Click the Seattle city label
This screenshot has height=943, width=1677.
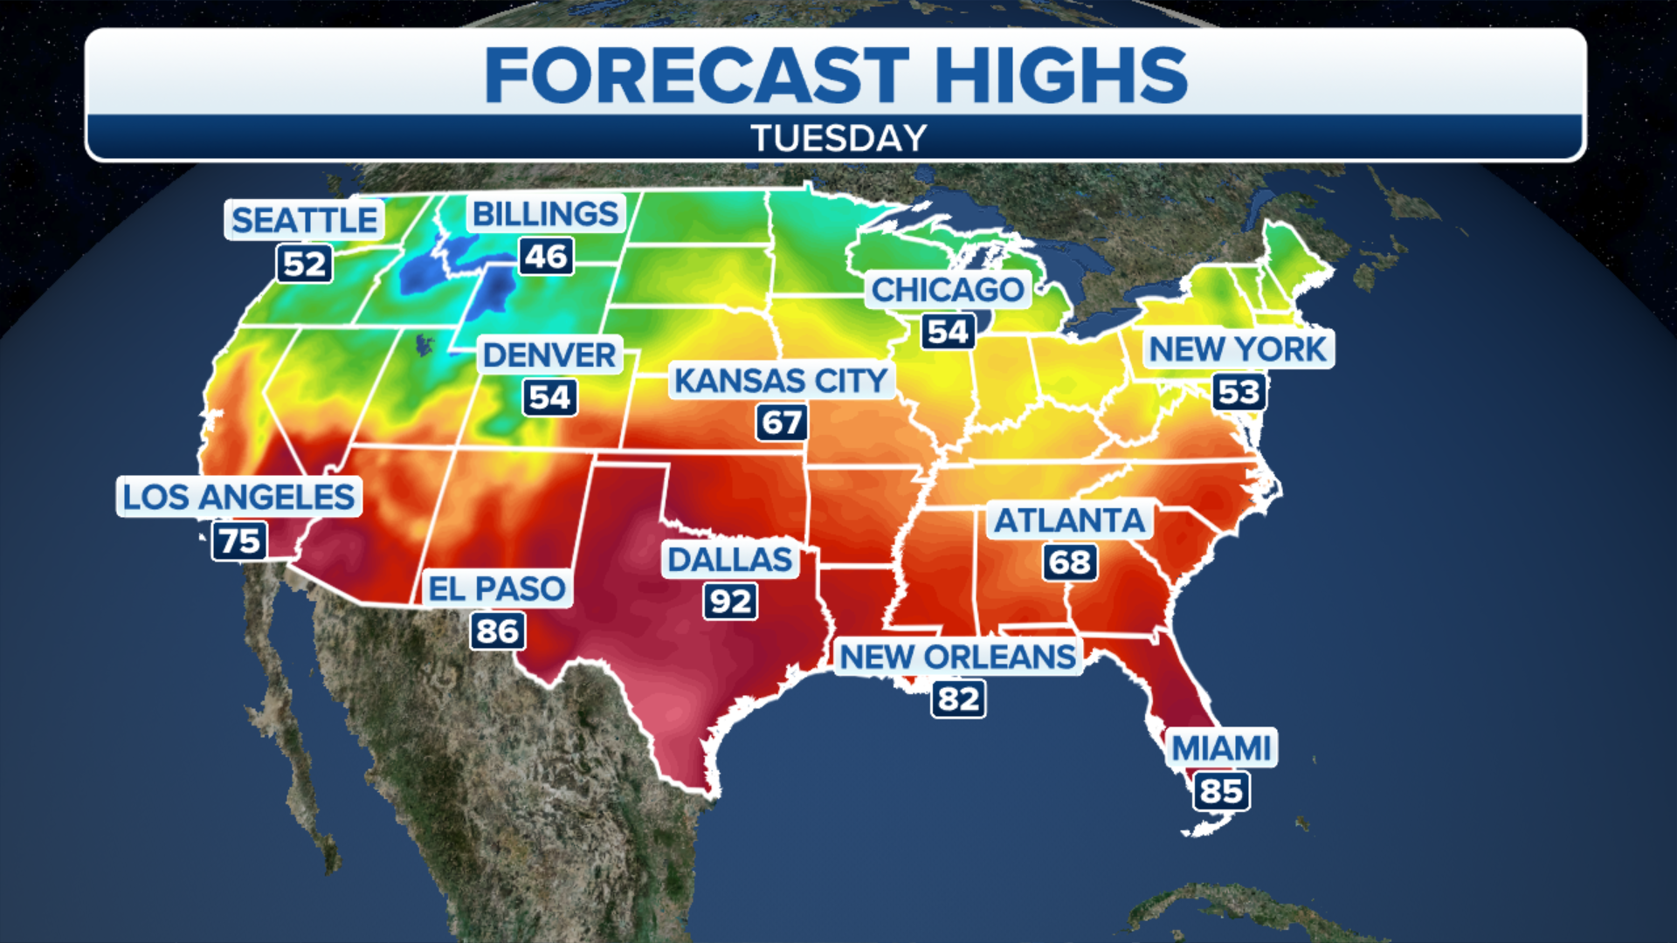[304, 220]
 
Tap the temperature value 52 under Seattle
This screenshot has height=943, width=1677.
[304, 264]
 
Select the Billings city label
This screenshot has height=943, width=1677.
[545, 214]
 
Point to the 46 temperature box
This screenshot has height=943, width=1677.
[547, 257]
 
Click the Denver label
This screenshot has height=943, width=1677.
[549, 355]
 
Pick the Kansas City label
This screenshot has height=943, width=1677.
[780, 381]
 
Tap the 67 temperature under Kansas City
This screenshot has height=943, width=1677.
[781, 423]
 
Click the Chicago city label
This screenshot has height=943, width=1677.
[948, 290]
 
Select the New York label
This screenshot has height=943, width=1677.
[1237, 349]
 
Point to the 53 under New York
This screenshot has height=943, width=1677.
[1239, 392]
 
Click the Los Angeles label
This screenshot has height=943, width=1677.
[238, 497]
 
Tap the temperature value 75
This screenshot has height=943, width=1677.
[239, 540]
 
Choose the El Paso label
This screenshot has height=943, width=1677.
[497, 589]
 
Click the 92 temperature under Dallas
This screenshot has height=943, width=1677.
[730, 602]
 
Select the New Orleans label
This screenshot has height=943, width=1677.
[957, 657]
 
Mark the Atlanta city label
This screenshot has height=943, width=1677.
[1070, 520]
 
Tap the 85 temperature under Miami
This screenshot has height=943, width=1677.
[1221, 791]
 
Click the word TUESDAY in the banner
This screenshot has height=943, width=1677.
[838, 138]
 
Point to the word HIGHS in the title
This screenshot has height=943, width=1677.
[1060, 75]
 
